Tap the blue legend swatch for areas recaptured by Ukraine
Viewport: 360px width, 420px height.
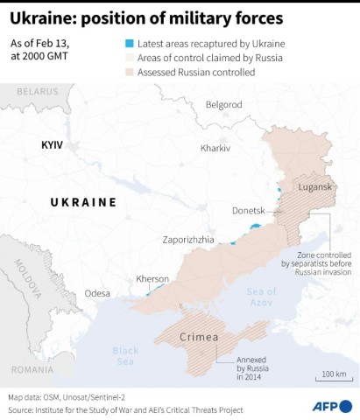point(129,43)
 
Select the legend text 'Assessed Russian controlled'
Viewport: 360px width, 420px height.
point(197,72)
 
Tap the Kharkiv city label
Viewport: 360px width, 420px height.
point(215,148)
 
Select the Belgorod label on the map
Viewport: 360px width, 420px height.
point(222,104)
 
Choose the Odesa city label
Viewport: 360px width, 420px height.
point(98,293)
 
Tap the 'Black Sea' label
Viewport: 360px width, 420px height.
point(125,355)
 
